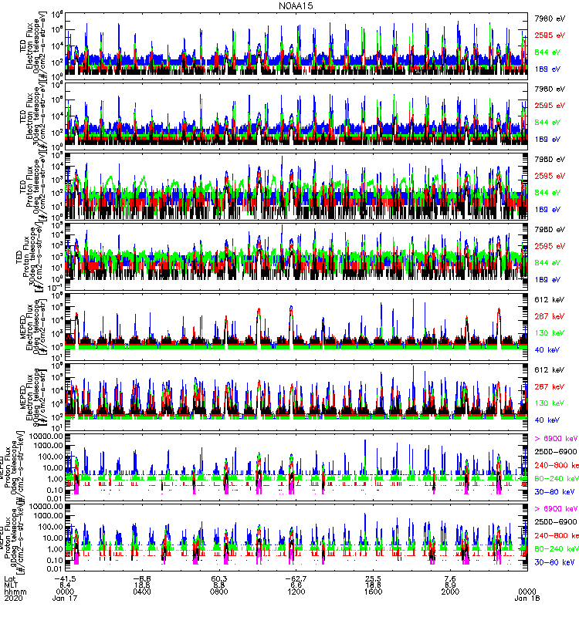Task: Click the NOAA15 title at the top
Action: tap(289, 6)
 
